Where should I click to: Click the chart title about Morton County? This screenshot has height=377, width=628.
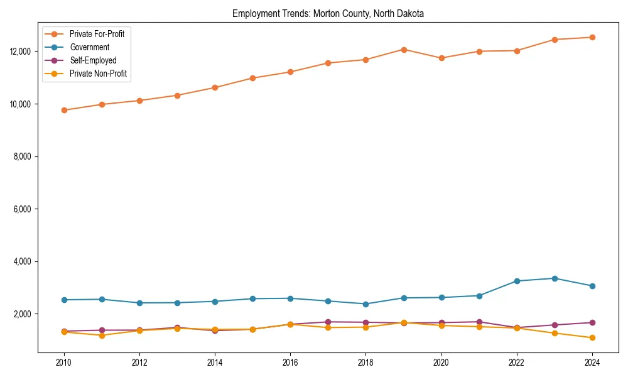328,13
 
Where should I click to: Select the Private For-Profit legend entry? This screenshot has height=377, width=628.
97,34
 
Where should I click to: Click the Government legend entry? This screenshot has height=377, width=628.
89,47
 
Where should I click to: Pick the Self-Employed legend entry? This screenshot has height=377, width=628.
93,60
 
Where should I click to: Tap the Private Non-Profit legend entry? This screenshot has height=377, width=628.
98,74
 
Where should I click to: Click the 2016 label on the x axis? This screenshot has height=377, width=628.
290,363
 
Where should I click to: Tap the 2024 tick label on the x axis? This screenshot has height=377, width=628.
592,363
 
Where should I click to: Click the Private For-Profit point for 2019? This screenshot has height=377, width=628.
404,50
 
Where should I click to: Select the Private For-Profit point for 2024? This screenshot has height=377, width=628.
592,37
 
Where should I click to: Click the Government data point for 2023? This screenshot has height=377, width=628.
555,278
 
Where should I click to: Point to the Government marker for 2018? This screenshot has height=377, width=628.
365,304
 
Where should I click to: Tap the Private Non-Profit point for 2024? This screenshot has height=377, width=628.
592,338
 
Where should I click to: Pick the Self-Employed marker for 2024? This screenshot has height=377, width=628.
592,322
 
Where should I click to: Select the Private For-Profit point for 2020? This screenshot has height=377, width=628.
441,58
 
